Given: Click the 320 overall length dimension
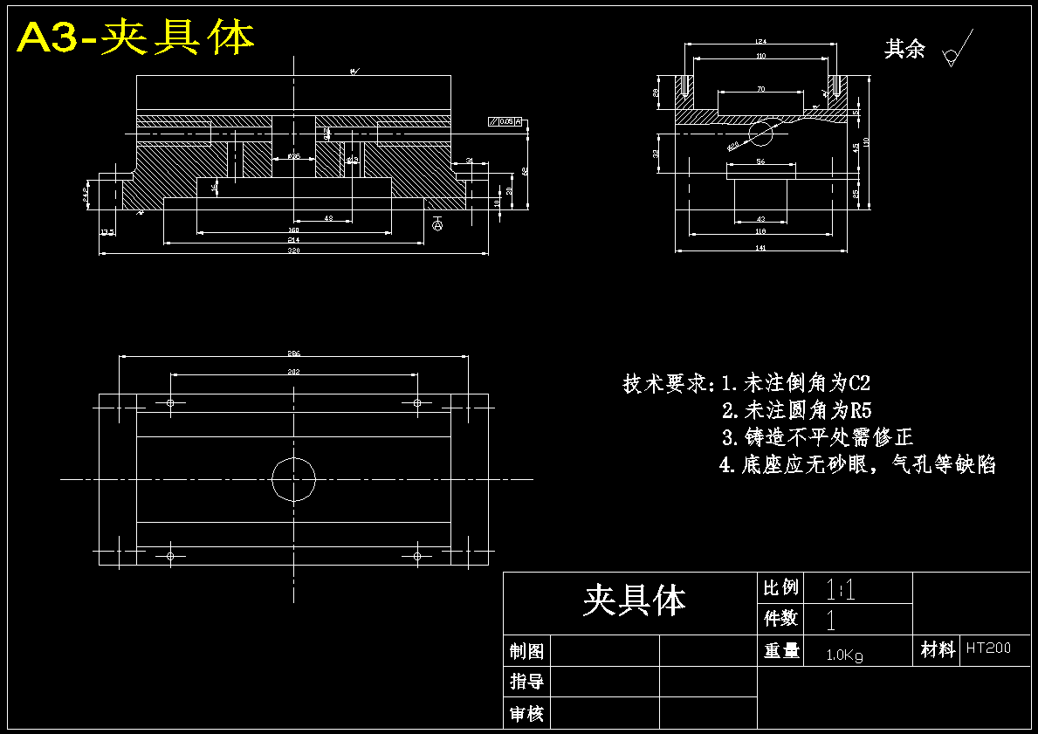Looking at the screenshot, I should [x=293, y=250].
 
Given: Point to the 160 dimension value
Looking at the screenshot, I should [x=293, y=230].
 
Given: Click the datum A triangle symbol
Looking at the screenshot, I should [x=437, y=224].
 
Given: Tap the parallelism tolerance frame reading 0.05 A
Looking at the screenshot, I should [x=505, y=122].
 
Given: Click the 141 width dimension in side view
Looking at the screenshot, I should [x=760, y=249].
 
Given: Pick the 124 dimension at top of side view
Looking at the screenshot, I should [x=760, y=41].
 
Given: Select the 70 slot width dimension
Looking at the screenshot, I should [x=760, y=89].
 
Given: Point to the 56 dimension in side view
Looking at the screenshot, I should [x=760, y=162].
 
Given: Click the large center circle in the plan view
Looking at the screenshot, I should [x=293, y=478].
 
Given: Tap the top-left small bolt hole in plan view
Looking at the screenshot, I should [x=170, y=402].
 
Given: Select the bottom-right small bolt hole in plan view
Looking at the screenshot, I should [x=417, y=555].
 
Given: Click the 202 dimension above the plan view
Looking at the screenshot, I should [x=293, y=371].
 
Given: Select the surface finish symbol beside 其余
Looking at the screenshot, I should [x=955, y=53].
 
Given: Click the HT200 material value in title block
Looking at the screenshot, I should [x=988, y=648].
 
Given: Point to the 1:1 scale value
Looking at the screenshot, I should [x=840, y=590].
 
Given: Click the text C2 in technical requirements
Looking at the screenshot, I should [x=859, y=383].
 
